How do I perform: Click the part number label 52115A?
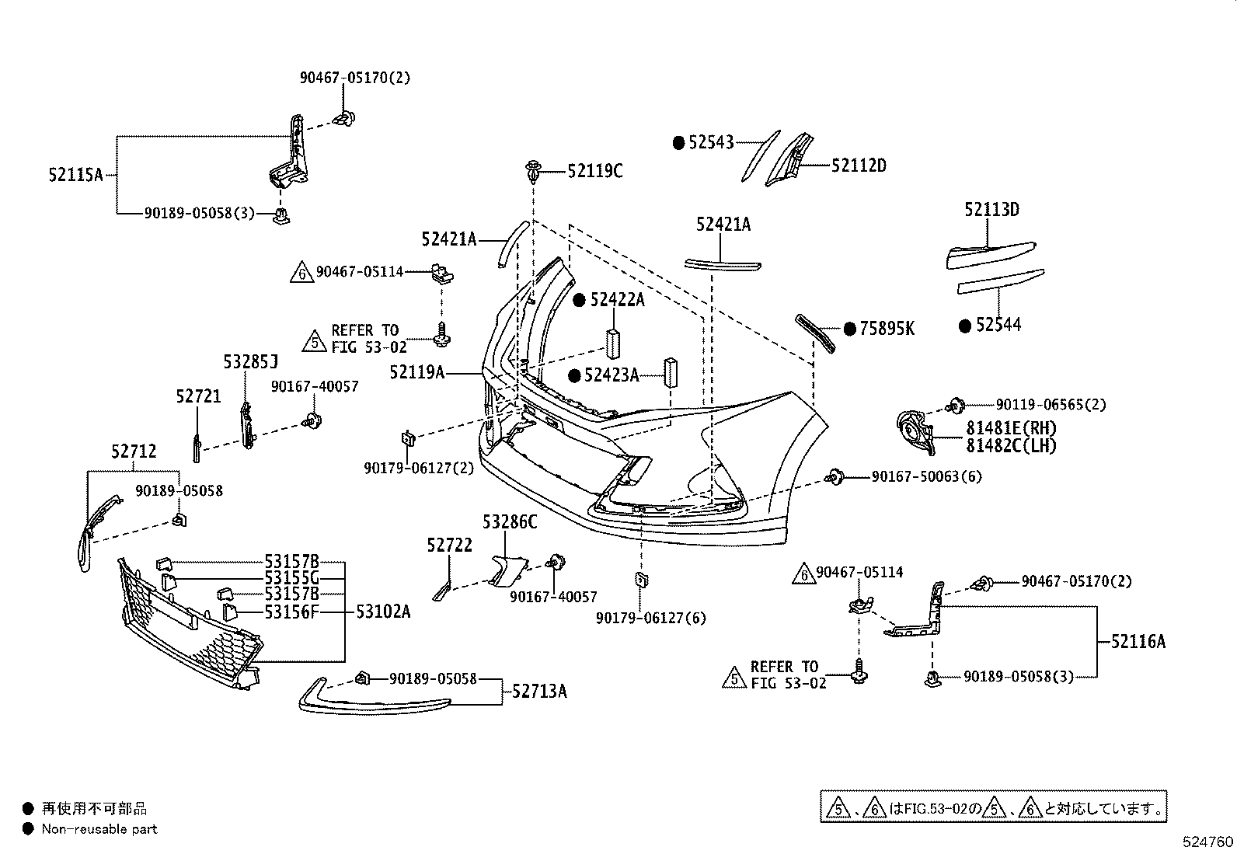[75, 175]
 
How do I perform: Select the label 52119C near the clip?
[594, 171]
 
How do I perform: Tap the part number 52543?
[710, 143]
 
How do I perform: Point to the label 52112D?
[859, 166]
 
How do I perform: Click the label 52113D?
[991, 210]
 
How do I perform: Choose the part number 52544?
[998, 326]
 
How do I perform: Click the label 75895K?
[887, 329]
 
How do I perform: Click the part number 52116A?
[1138, 642]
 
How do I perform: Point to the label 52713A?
[538, 691]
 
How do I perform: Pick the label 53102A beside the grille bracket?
[383, 612]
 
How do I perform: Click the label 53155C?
[291, 577]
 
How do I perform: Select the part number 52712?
[134, 451]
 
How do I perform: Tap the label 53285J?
[250, 362]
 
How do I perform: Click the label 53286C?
[510, 522]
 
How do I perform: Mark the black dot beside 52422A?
[579, 300]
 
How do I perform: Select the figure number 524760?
[1207, 842]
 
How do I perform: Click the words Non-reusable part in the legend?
[99, 829]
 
